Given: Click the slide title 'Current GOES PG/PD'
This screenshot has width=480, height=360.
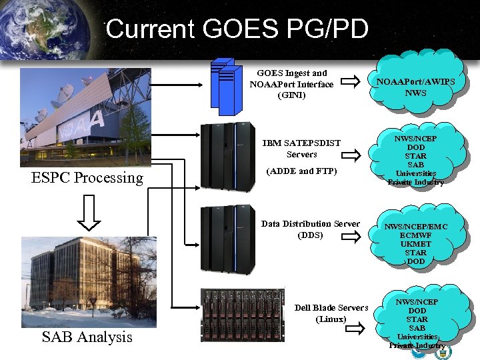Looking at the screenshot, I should click(237, 29).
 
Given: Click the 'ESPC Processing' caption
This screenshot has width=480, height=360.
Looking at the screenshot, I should click(87, 178).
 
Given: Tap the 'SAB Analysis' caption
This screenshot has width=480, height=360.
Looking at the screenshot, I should click(87, 337).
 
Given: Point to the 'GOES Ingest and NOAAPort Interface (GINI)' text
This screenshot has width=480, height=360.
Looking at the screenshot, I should click(291, 84).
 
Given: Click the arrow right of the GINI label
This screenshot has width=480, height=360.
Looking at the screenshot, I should click(347, 83).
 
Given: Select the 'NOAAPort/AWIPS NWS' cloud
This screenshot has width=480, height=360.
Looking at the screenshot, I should click(415, 87).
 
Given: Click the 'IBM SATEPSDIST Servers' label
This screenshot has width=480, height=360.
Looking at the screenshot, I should click(301, 149).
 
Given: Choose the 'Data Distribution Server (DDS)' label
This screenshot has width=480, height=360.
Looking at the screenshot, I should click(310, 229).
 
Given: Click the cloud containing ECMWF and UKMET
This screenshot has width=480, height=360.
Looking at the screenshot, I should click(415, 243).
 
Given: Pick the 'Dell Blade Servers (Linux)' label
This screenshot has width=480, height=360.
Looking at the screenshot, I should click(331, 313).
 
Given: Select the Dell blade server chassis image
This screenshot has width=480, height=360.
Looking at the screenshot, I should click(243, 315).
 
